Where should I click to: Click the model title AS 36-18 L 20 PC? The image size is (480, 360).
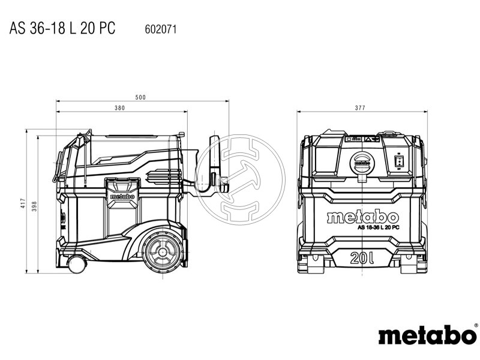pyautogui.click(x=62, y=28)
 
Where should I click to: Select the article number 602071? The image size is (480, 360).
pyautogui.click(x=161, y=28)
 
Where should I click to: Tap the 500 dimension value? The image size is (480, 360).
pyautogui.click(x=140, y=97)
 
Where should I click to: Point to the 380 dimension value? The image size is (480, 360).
pyautogui.click(x=120, y=108)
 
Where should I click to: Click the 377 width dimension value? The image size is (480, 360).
pyautogui.click(x=360, y=108)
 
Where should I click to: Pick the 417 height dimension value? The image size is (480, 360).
pyautogui.click(x=23, y=203)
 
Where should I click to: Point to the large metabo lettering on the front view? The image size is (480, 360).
pyautogui.click(x=362, y=217)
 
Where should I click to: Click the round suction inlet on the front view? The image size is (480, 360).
pyautogui.click(x=362, y=163)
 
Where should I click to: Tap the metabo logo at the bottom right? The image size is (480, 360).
pyautogui.click(x=427, y=335)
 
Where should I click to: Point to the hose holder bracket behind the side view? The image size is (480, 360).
pyautogui.click(x=214, y=165)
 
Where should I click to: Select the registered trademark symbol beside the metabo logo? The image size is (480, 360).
pyautogui.click(x=476, y=326)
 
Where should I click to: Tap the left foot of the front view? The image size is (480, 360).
pyautogui.click(x=311, y=262)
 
